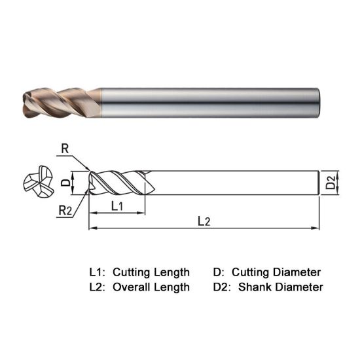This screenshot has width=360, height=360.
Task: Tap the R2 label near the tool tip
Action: pos(65,210)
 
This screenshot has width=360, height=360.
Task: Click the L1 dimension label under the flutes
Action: pos(118,206)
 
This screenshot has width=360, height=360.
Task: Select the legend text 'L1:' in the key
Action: pos(97,272)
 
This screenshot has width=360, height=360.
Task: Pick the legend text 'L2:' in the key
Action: pos(97,287)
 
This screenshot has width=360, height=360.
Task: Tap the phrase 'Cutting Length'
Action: pos(151,272)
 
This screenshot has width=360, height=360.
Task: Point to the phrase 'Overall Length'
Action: pos(151,287)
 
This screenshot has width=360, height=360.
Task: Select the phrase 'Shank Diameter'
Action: pos(281,287)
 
